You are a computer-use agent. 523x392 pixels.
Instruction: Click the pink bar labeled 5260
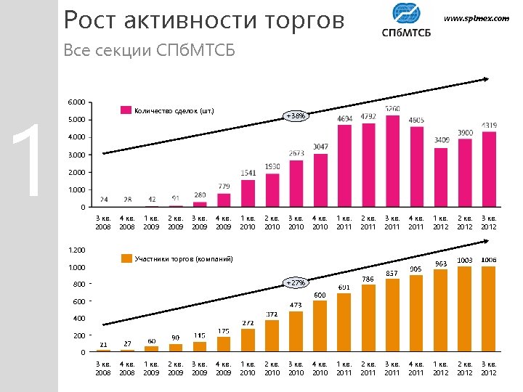pyautogui.click(x=392, y=161)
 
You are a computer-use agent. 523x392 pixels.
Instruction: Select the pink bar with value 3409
pyautogui.click(x=441, y=177)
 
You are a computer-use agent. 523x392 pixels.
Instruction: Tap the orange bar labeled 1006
pyautogui.click(x=488, y=309)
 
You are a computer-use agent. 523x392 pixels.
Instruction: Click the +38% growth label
pyautogui.click(x=296, y=116)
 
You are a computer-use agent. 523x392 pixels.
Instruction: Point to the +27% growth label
pyautogui.click(x=296, y=282)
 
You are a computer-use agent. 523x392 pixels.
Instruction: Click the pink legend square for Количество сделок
pyautogui.click(x=126, y=110)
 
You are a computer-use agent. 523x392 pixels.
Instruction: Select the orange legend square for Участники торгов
pyautogui.click(x=126, y=258)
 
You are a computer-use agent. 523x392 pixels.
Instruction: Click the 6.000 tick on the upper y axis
pyautogui.click(x=76, y=102)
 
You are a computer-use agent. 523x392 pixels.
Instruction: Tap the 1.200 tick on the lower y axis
pyautogui.click(x=76, y=250)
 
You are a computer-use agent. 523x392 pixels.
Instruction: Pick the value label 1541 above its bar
pyautogui.click(x=248, y=173)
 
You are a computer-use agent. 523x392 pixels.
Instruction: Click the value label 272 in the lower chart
pyautogui.click(x=248, y=322)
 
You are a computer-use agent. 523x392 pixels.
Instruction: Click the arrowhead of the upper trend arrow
pyautogui.click(x=489, y=79)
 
